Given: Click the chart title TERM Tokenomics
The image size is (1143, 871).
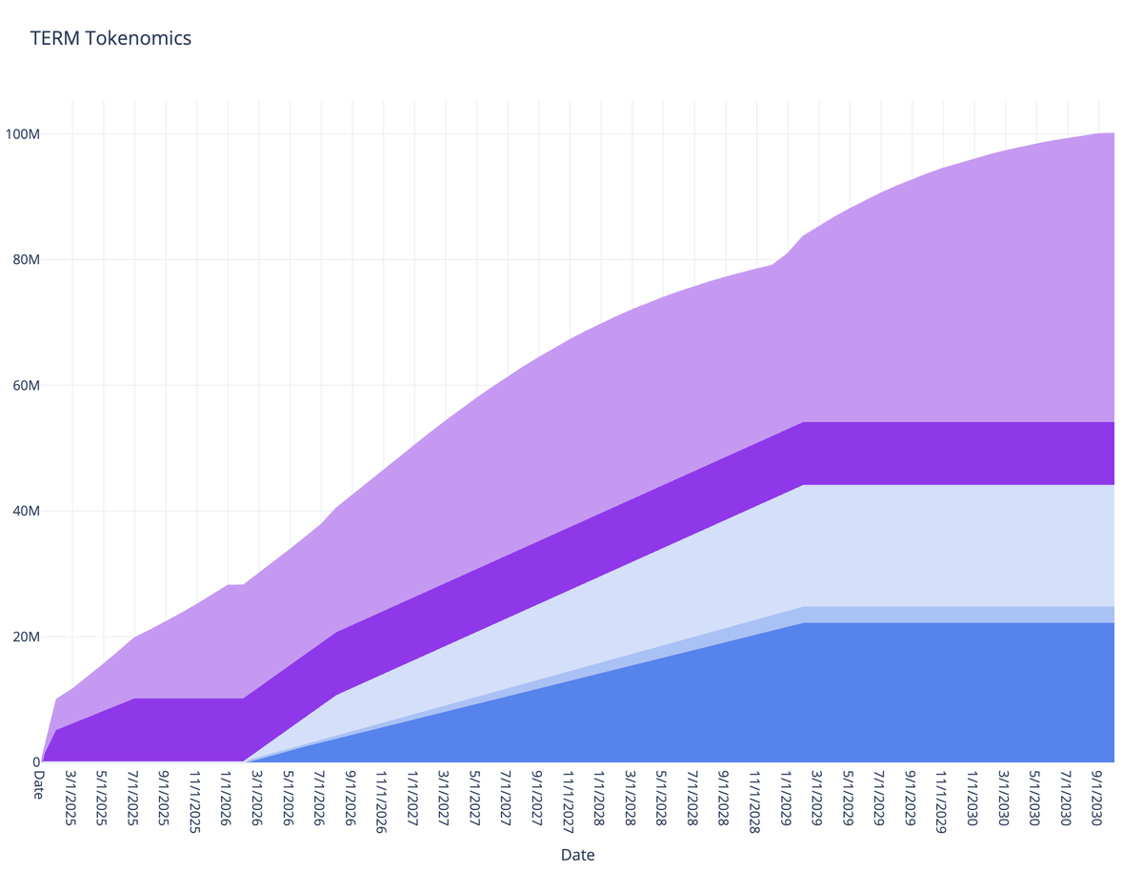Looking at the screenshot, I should pos(110,39).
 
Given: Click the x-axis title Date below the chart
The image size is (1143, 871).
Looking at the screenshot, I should pos(577,855).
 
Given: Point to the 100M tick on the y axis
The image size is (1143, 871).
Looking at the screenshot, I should pos(21,133).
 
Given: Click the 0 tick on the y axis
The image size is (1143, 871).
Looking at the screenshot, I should pos(36,761).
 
